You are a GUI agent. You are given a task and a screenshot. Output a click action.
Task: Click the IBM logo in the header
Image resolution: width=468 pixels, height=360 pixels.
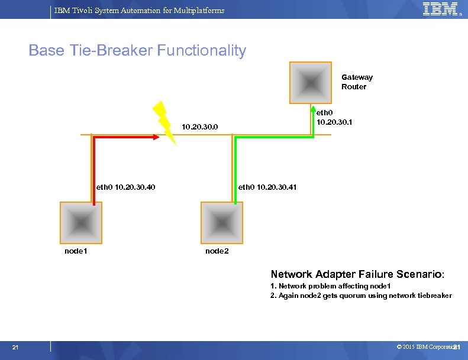pyautogui.click(x=440, y=9)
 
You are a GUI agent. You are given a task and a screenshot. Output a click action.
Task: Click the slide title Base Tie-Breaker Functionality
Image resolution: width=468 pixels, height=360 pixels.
pyautogui.click(x=137, y=51)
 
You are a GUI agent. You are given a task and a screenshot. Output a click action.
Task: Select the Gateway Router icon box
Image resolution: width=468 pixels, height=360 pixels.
pyautogui.click(x=311, y=83)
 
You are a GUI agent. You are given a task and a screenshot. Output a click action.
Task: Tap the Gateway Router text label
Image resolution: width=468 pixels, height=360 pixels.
pyautogui.click(x=357, y=82)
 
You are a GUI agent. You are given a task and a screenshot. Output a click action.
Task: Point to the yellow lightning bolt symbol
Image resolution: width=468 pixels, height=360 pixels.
pyautogui.click(x=164, y=122)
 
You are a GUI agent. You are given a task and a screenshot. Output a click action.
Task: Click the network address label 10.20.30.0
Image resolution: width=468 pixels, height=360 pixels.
pyautogui.click(x=200, y=127)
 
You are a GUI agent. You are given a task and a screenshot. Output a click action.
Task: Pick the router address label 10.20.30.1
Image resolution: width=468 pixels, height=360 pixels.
pyautogui.click(x=334, y=118)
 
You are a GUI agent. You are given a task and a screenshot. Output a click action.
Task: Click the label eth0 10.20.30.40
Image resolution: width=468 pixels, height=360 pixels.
pyautogui.click(x=126, y=187)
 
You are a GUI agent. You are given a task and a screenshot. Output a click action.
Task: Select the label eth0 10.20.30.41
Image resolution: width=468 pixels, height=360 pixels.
pyautogui.click(x=267, y=187)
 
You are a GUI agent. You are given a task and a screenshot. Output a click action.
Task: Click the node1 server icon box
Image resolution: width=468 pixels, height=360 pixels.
pyautogui.click(x=80, y=222)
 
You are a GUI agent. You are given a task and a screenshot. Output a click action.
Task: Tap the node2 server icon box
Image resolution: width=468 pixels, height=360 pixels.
pyautogui.click(x=222, y=222)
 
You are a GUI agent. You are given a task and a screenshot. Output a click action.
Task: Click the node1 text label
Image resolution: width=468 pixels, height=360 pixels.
pyautogui.click(x=76, y=251)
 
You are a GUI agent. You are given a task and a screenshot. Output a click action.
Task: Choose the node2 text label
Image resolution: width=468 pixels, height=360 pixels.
pyautogui.click(x=217, y=251)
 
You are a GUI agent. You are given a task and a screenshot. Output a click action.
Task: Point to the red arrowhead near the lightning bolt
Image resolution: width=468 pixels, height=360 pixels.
pyautogui.click(x=156, y=137)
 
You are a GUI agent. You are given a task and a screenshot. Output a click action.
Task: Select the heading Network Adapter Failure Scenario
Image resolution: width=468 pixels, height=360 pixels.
pyautogui.click(x=357, y=274)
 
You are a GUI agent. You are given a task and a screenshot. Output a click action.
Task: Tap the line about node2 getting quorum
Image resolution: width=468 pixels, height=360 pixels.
pyautogui.click(x=361, y=296)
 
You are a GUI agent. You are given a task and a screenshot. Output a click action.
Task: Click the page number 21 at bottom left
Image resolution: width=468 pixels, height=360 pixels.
pyautogui.click(x=15, y=347)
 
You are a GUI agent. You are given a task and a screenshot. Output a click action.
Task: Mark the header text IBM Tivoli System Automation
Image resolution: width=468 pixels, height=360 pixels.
pyautogui.click(x=139, y=10)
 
